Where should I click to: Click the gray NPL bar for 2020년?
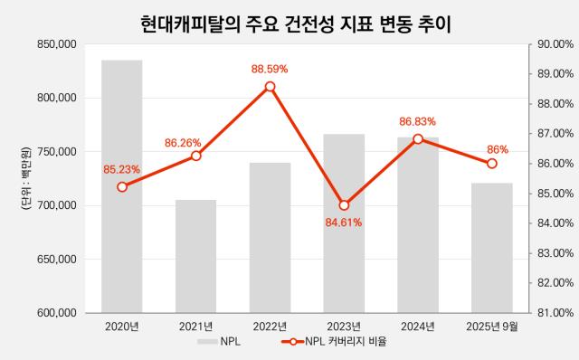point(122,186)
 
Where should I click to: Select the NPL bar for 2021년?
point(195,257)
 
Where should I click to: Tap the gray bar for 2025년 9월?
point(492,248)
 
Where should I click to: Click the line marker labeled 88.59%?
point(270,87)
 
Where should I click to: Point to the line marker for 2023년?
point(344,205)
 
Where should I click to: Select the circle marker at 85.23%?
point(122,187)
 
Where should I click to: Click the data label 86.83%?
point(417,121)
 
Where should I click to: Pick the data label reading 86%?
point(498,150)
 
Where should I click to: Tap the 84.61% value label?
point(344,223)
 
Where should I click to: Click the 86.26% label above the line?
point(183,143)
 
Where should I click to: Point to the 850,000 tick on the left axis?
point(57,44)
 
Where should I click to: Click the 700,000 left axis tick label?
point(57,205)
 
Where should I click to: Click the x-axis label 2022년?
point(270,327)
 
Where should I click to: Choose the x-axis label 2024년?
point(418,327)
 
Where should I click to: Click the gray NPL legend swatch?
point(207,342)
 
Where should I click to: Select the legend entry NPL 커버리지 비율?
point(334,342)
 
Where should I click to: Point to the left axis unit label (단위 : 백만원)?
point(26,179)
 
